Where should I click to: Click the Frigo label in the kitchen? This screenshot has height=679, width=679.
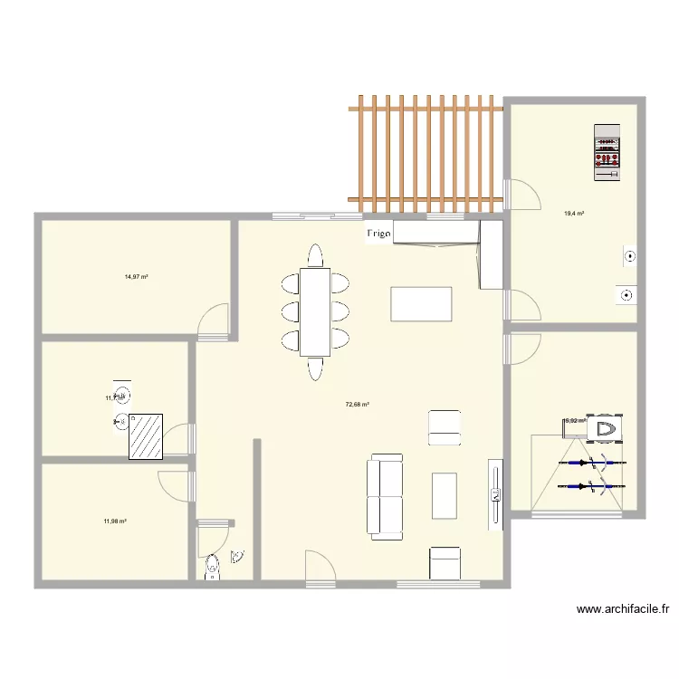point(378,235)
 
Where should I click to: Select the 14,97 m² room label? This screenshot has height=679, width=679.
point(137,277)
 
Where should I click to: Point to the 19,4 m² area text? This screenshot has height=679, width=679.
point(574,214)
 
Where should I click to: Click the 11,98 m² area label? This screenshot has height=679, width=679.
point(115,521)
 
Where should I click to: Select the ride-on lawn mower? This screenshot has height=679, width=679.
point(606,428)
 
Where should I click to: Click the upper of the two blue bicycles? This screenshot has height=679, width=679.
point(593,464)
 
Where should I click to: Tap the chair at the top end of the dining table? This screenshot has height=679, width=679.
point(315,256)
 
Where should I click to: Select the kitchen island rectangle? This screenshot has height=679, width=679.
point(421,303)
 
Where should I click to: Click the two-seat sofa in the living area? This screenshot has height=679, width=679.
point(385,496)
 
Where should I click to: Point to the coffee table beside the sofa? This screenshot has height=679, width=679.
point(445,495)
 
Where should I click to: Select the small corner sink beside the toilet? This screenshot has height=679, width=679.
point(237,558)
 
